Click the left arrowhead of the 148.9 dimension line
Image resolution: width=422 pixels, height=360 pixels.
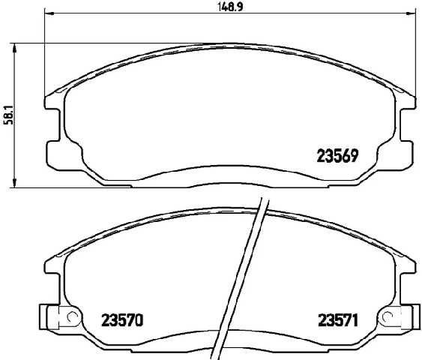click(x=48, y=14)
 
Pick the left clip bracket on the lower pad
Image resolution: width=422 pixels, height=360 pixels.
click(x=56, y=318)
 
